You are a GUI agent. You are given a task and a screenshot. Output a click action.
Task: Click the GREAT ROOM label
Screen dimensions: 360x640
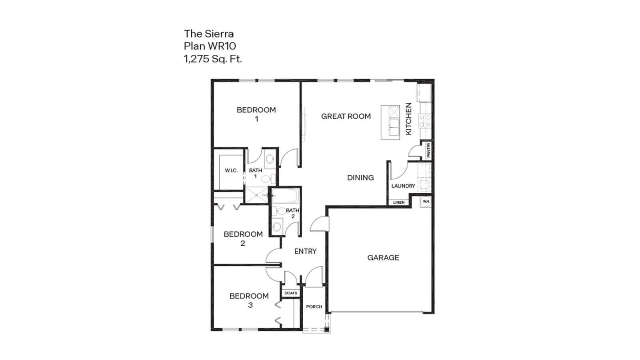346,116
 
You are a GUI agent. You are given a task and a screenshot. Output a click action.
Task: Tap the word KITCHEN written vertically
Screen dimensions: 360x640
408,119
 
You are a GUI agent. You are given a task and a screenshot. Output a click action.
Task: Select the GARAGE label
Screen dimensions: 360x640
383,258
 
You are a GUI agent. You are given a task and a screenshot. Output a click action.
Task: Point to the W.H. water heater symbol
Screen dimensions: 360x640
426,201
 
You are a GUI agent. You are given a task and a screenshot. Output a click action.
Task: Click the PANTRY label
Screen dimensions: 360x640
428,150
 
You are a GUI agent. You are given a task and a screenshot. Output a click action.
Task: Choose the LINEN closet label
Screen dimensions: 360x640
399,202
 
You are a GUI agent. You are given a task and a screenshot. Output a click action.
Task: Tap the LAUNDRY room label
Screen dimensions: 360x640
403,186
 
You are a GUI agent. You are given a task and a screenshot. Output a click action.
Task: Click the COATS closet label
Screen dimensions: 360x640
291,293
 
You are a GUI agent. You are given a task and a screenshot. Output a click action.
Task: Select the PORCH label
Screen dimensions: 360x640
314,307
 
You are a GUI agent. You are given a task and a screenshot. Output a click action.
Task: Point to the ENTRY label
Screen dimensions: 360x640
305,251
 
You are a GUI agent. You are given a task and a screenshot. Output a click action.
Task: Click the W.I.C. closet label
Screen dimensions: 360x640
231,170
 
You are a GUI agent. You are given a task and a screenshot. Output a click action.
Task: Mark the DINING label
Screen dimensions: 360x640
360,178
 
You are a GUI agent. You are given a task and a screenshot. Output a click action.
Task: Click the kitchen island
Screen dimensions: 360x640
390,122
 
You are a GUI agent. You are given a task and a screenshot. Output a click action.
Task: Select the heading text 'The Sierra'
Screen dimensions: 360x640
209,34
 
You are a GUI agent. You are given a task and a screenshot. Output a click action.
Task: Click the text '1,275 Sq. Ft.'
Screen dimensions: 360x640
213,59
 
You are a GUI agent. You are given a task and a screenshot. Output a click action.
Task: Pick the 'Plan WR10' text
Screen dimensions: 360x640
210,46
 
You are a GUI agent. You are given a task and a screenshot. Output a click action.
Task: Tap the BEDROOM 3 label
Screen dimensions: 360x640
249,300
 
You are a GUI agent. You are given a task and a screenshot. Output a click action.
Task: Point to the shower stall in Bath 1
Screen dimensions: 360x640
256,196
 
